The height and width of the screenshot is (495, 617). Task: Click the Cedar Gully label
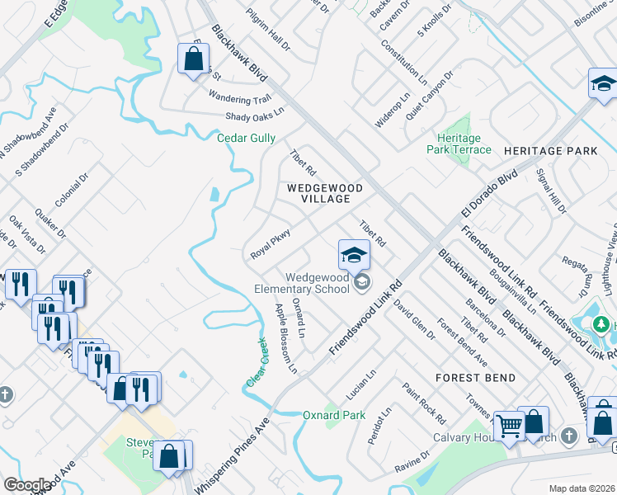[x=246, y=139]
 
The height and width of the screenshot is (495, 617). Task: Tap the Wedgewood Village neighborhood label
[x=324, y=194]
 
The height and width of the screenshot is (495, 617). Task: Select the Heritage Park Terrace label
[x=459, y=144]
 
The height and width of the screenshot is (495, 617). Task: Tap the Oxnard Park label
[x=333, y=415]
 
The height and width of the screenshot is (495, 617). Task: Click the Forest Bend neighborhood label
[x=476, y=378]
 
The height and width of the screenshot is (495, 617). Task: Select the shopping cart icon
[x=510, y=427]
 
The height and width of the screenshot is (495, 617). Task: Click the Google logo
[x=28, y=485]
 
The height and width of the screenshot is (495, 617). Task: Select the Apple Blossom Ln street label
[x=285, y=338]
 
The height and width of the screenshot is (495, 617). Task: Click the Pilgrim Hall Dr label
[x=269, y=33]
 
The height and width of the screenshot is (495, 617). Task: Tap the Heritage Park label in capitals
[x=549, y=152]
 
